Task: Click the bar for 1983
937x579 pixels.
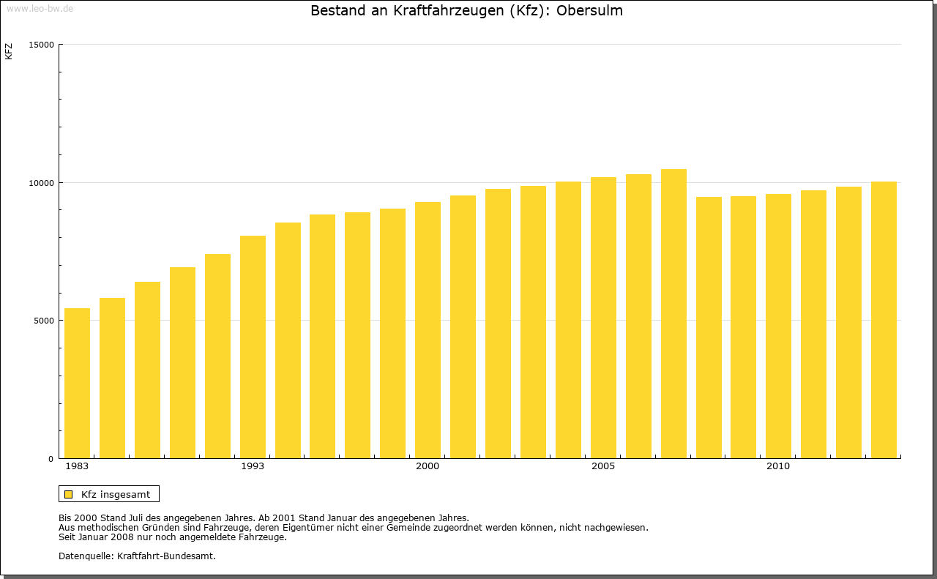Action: (77, 384)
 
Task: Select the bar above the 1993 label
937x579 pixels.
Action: (253, 347)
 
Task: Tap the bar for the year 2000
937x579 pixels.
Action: (428, 330)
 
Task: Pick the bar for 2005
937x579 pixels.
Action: (603, 318)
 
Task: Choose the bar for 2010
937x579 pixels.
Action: (778, 326)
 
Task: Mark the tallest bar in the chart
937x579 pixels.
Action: (673, 314)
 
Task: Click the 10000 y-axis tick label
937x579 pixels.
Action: (42, 183)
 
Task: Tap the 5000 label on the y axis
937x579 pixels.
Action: (45, 321)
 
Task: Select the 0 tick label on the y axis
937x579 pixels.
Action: (51, 459)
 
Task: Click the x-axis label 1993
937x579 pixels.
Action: (253, 466)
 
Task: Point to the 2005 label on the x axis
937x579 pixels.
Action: (603, 466)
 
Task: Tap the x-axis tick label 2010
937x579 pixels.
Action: (778, 466)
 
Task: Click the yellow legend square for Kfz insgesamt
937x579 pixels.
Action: (69, 494)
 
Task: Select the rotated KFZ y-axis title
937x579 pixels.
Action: (9, 51)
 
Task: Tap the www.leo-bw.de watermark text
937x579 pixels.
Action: (40, 7)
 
